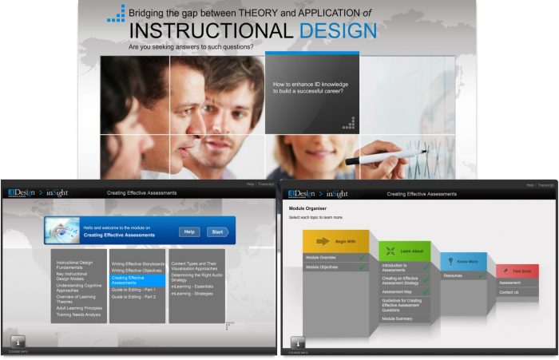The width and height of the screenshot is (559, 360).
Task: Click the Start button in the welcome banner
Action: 217,231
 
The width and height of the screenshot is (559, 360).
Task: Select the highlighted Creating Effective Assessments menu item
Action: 136,280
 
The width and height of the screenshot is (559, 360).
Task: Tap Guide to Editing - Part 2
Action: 134,297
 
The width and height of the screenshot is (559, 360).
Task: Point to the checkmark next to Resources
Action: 482,275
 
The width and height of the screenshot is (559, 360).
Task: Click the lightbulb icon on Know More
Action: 450,261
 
